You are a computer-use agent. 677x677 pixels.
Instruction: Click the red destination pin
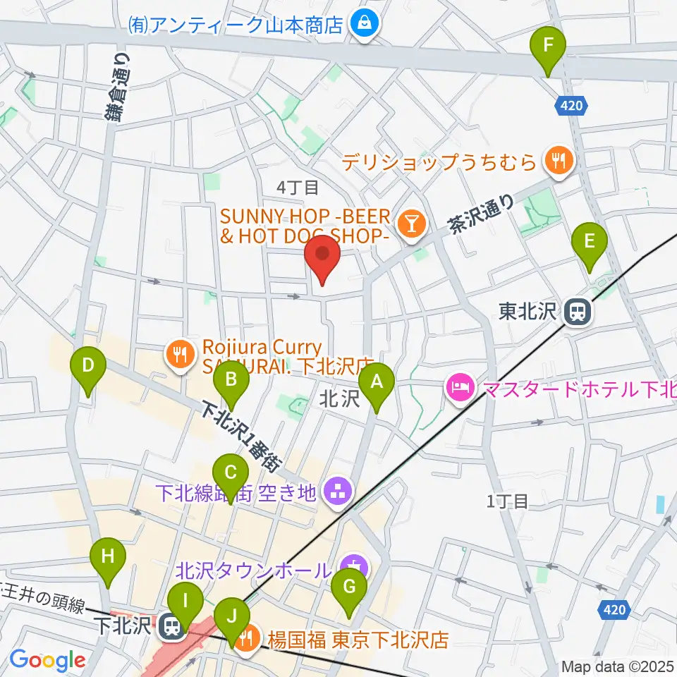[x=322, y=259]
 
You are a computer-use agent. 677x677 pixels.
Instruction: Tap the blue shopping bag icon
[x=365, y=25]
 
